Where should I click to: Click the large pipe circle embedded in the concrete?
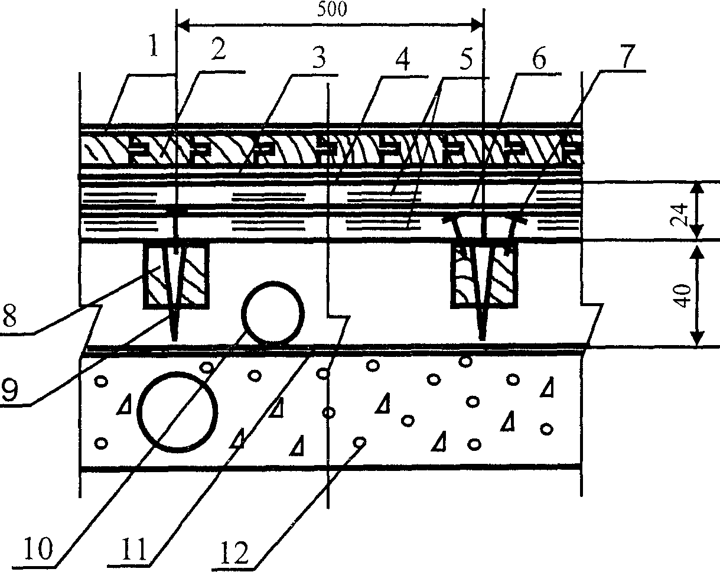pyautogui.click(x=177, y=411)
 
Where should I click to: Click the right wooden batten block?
pyautogui.click(x=484, y=275)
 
